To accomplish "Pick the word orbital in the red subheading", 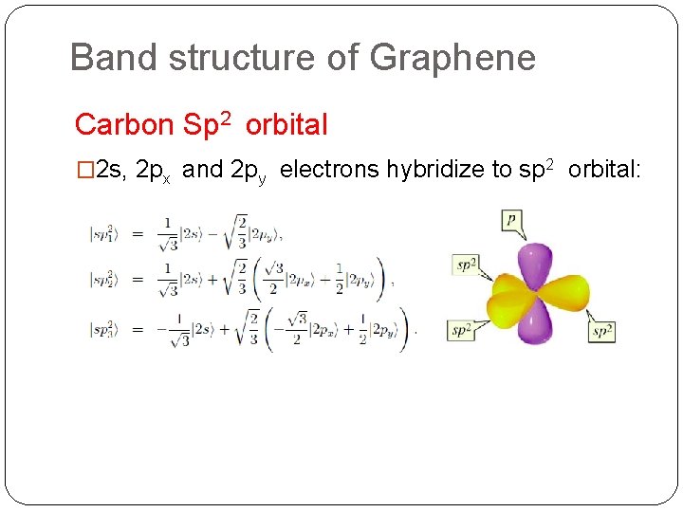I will tap(286, 124).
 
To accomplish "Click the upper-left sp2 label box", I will tap(466, 265).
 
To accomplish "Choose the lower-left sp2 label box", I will tap(461, 331).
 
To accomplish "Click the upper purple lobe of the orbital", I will tap(537, 264).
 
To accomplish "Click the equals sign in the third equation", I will tap(137, 330).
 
